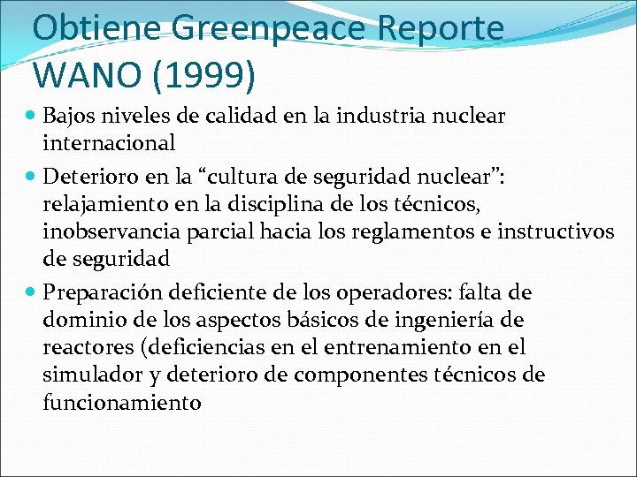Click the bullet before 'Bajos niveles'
coord(33,116)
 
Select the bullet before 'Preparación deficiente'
coord(33,291)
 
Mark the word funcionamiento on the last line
coord(122,403)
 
